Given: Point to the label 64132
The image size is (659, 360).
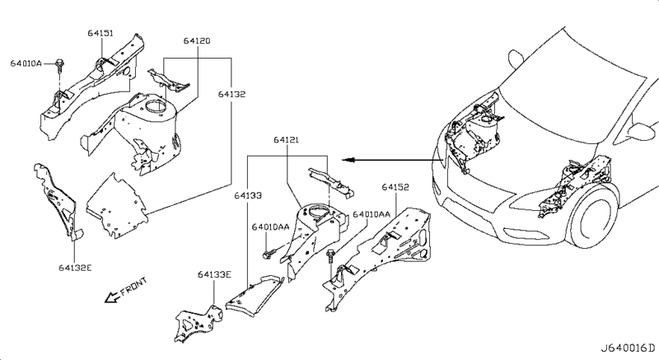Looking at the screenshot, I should [231, 96].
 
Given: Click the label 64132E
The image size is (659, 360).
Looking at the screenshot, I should [77, 267].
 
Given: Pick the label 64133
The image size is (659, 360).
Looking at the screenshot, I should [245, 195].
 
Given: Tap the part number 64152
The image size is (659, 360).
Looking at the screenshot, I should [395, 187].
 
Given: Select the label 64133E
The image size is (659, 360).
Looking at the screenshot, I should [214, 275].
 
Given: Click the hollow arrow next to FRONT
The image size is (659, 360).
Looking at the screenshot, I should [107, 299].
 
